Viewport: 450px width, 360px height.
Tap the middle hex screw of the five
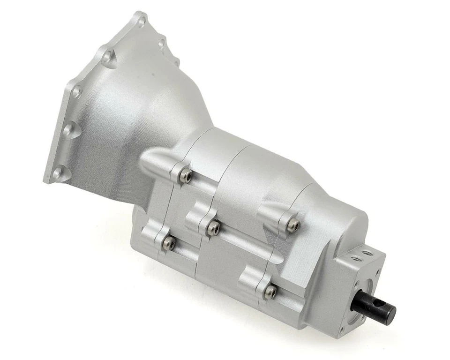(x=214, y=228)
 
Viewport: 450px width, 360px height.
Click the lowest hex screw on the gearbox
(x=270, y=292)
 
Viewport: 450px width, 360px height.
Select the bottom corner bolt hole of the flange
(x=57, y=173)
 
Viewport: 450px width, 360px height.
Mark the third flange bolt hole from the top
(x=76, y=92)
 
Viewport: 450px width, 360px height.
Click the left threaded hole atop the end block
(x=357, y=258)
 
